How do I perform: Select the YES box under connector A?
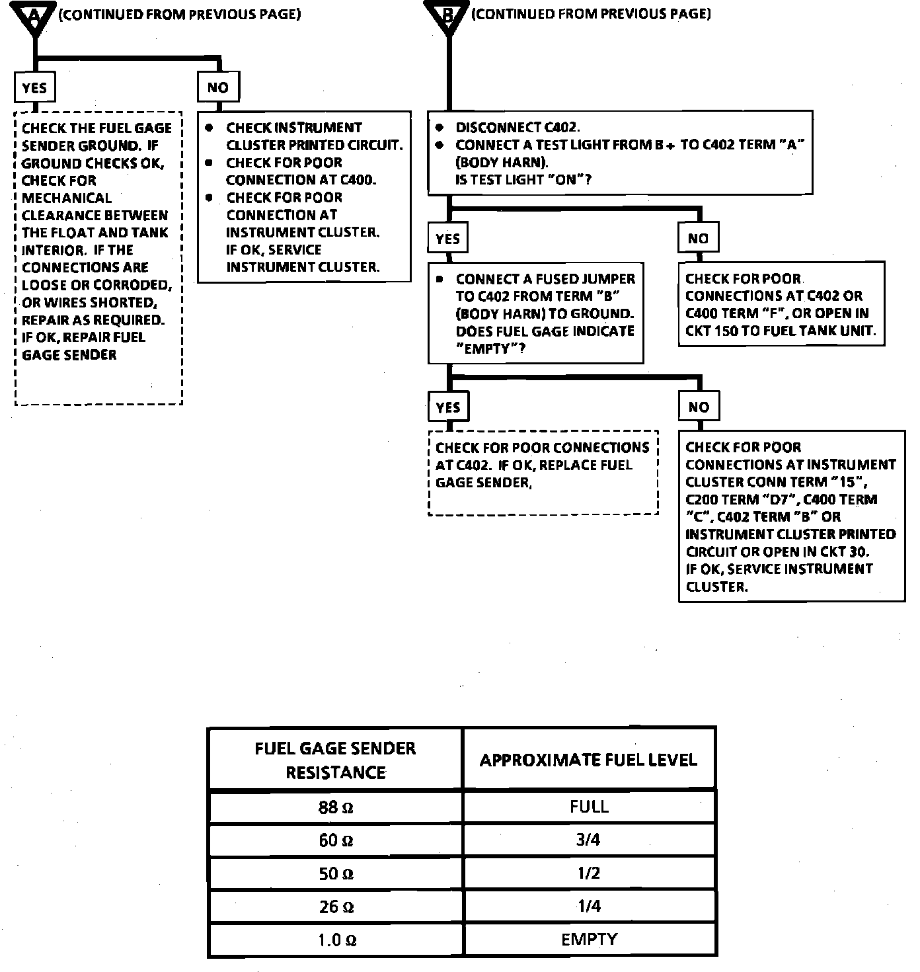34,87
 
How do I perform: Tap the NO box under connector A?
218,87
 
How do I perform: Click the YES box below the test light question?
448,239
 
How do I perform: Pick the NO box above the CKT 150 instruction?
698,239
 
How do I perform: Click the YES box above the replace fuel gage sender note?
448,407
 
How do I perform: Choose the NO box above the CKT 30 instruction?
699,407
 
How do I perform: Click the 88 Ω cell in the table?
336,807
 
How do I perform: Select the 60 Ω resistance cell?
336,840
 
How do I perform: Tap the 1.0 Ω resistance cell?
336,940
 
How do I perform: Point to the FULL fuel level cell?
589,807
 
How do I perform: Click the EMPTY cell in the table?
589,940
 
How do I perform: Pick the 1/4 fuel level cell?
589,907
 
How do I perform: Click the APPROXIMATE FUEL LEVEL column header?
588,760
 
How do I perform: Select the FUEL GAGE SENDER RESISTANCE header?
335,760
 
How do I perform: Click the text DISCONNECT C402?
517,128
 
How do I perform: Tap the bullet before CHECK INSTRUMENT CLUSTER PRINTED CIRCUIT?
209,127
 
